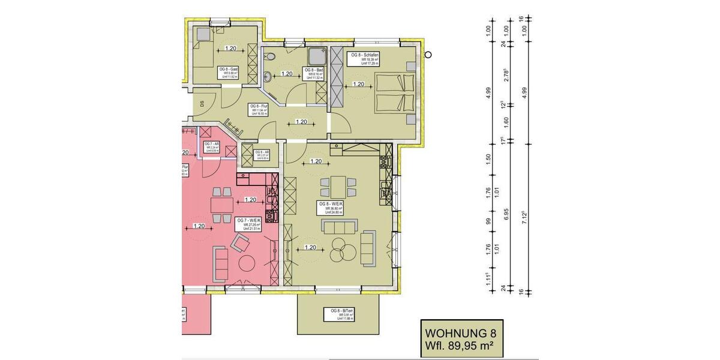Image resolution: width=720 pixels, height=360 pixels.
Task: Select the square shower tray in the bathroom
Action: (x=316, y=56)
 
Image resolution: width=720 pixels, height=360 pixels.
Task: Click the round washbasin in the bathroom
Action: (x=268, y=77)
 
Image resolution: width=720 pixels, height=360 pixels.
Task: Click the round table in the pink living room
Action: (x=248, y=263)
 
